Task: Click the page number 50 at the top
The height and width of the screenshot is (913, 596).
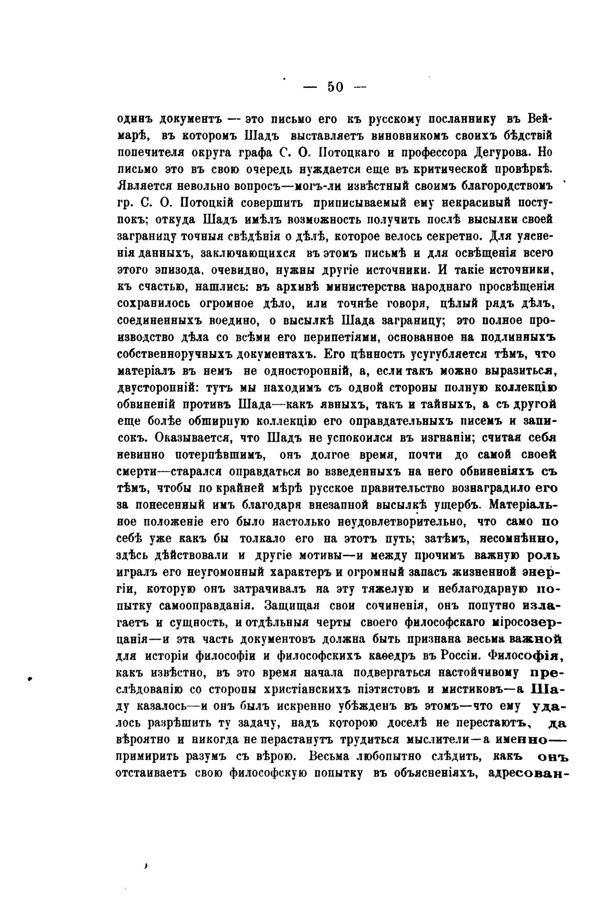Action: pyautogui.click(x=335, y=87)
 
